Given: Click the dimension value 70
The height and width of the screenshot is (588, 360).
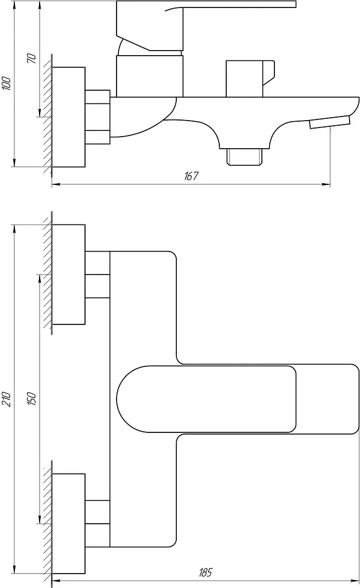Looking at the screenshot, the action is click(x=32, y=58).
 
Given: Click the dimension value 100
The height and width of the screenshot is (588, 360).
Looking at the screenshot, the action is click(x=7, y=83).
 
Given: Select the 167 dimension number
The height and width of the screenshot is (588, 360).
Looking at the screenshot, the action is click(x=191, y=176).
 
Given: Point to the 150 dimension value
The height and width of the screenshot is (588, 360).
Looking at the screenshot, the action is click(x=32, y=399).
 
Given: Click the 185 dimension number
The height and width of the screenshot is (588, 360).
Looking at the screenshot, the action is click(x=206, y=572).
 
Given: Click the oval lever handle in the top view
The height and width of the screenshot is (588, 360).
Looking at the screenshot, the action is click(x=207, y=399).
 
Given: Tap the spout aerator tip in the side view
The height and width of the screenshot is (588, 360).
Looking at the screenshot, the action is click(x=330, y=122).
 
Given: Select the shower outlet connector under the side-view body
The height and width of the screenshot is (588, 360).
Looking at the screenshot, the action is click(x=245, y=156).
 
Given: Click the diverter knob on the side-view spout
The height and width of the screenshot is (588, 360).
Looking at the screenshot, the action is click(x=250, y=78).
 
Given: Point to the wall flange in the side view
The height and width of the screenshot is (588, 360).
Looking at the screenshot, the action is click(x=69, y=117).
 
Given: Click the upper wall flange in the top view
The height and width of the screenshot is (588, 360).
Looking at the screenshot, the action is click(x=69, y=274).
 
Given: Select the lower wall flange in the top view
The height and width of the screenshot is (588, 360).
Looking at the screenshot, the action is click(x=69, y=524).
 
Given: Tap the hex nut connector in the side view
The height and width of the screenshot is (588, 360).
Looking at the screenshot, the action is click(x=98, y=117).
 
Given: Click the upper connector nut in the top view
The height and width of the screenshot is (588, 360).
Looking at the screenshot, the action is click(x=98, y=274).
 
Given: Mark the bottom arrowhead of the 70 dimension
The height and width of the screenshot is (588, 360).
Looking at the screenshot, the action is click(x=40, y=112).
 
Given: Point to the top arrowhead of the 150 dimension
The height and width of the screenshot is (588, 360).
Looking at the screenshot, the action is click(x=40, y=280).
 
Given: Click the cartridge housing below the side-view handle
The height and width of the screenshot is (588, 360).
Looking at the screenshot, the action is click(x=150, y=76).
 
